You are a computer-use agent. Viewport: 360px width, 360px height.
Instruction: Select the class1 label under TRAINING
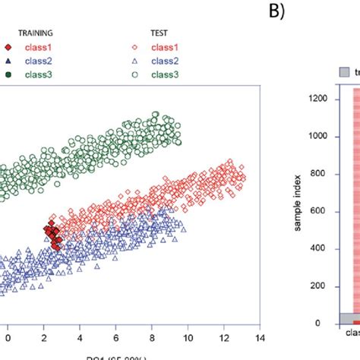click(33, 46)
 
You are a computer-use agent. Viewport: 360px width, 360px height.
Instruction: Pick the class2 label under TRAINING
click(33, 60)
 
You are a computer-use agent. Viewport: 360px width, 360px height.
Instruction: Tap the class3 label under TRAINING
click(33, 74)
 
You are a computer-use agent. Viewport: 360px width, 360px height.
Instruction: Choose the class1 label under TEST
click(166, 46)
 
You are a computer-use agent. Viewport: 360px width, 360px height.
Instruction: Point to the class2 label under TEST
click(166, 60)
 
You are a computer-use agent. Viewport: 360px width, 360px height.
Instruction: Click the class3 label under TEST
click(166, 74)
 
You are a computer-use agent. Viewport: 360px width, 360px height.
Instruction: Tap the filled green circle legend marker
click(8, 74)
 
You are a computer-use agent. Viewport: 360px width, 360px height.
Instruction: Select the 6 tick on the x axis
click(116, 333)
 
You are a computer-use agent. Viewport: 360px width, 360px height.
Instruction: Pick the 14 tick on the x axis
click(260, 333)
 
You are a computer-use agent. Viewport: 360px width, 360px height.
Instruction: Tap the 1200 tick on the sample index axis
click(320, 99)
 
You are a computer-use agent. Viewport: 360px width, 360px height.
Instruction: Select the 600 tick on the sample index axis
click(323, 211)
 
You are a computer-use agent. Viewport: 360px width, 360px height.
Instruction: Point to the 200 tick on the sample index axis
click(323, 286)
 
